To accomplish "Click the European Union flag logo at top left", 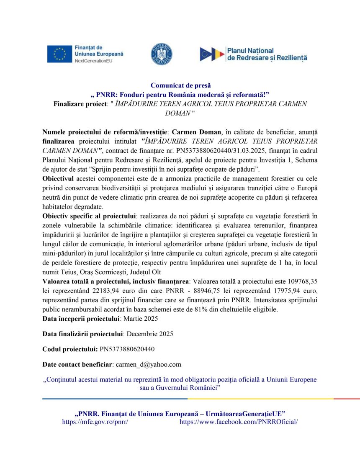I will [59, 54].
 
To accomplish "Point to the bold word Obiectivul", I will [58, 179].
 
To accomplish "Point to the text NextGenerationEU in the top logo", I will [93, 61].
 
